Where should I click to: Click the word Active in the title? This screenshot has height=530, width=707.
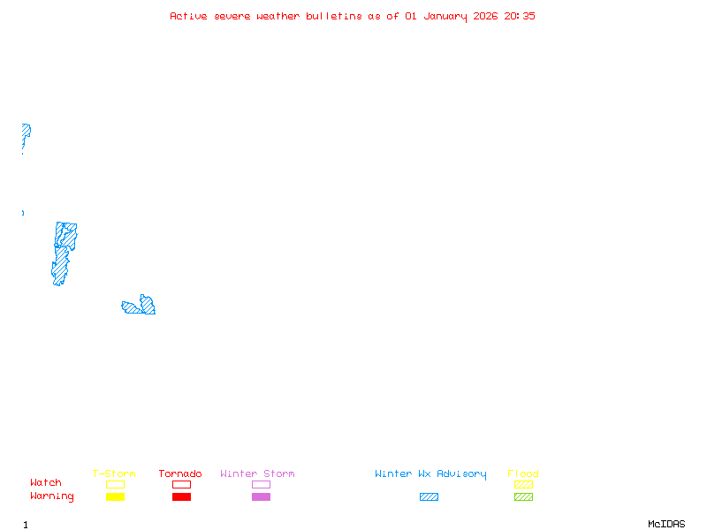click(x=189, y=16)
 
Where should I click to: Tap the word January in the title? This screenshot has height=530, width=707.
click(x=443, y=16)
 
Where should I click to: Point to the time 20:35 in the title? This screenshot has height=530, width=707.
click(x=520, y=16)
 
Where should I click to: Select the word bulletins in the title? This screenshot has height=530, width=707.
click(x=334, y=16)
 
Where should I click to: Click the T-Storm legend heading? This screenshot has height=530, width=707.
click(x=114, y=474)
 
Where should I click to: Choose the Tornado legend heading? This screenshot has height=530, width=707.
click(x=180, y=474)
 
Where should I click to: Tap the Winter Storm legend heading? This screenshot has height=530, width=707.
click(x=257, y=474)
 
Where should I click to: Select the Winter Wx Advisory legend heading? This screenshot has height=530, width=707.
click(x=430, y=474)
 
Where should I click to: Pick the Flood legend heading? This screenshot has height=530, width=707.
click(x=523, y=474)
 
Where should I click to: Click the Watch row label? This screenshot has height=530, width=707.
click(x=46, y=483)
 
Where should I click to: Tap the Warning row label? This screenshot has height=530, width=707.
click(x=52, y=496)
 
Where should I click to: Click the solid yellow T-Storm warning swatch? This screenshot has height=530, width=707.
click(x=115, y=496)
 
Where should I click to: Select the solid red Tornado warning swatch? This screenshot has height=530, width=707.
click(x=181, y=496)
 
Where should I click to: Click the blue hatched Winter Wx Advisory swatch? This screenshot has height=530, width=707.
click(x=429, y=496)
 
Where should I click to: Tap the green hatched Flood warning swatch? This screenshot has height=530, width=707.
click(x=523, y=496)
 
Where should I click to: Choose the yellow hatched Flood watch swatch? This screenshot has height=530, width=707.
click(x=523, y=484)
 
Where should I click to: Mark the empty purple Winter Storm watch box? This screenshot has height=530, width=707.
click(x=261, y=484)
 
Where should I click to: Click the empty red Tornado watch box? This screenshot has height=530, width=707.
click(x=181, y=484)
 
